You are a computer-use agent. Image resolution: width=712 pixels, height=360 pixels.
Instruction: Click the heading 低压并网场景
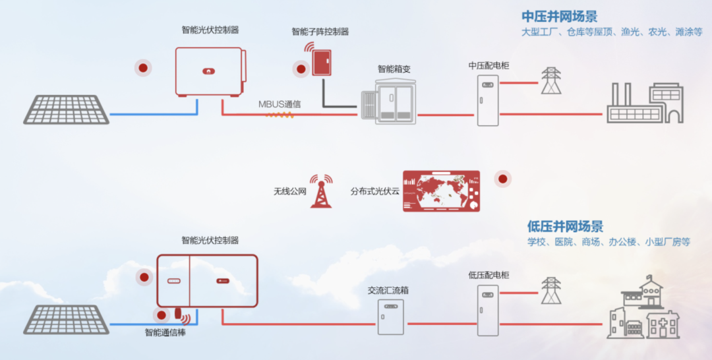click(565, 227)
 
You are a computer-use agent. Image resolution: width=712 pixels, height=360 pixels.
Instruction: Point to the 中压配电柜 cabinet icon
click(487, 100)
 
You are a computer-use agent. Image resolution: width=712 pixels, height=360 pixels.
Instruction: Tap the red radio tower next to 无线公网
click(321, 191)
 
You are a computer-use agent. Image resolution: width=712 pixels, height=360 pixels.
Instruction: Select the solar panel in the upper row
click(67, 109)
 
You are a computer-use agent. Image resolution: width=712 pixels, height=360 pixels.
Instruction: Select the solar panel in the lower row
click(67, 319)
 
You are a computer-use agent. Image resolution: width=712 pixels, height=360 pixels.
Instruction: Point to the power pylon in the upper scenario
click(550, 80)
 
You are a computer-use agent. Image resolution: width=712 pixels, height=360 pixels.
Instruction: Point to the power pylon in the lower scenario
click(550, 291)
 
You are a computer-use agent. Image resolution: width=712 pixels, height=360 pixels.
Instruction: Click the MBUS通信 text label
click(280, 104)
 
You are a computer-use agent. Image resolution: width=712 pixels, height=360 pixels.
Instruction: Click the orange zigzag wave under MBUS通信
click(280, 114)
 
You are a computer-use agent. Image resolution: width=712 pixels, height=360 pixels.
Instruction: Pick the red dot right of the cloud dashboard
click(502, 179)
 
